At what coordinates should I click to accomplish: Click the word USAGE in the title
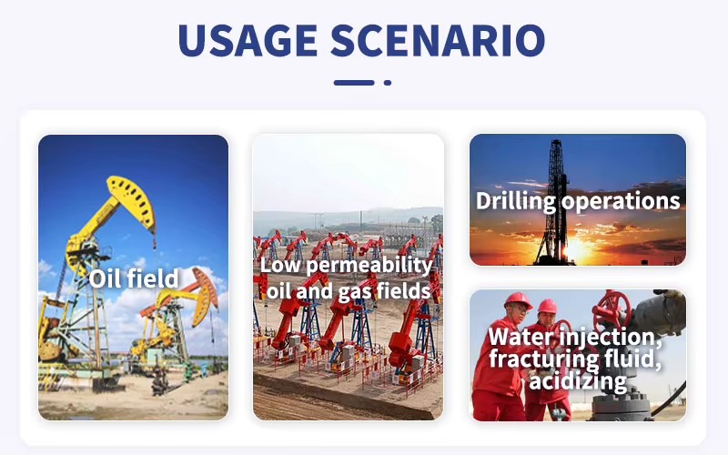click(x=248, y=40)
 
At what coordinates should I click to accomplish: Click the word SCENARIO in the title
click(x=438, y=40)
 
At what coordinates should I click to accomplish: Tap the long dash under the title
click(x=354, y=83)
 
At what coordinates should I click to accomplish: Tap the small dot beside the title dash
click(x=388, y=83)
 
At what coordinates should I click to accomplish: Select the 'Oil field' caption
click(x=134, y=278)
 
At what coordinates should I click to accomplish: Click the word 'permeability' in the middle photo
click(x=369, y=266)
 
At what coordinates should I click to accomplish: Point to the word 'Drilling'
click(x=516, y=201)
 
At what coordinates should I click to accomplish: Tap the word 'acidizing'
click(x=578, y=381)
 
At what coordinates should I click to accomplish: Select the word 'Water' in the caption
click(x=520, y=336)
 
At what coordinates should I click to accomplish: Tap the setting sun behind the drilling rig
click(x=576, y=249)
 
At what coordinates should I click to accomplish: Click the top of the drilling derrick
click(x=556, y=142)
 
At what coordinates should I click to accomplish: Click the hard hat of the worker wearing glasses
click(x=517, y=300)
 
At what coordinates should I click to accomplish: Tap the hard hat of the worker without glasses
click(x=548, y=306)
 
